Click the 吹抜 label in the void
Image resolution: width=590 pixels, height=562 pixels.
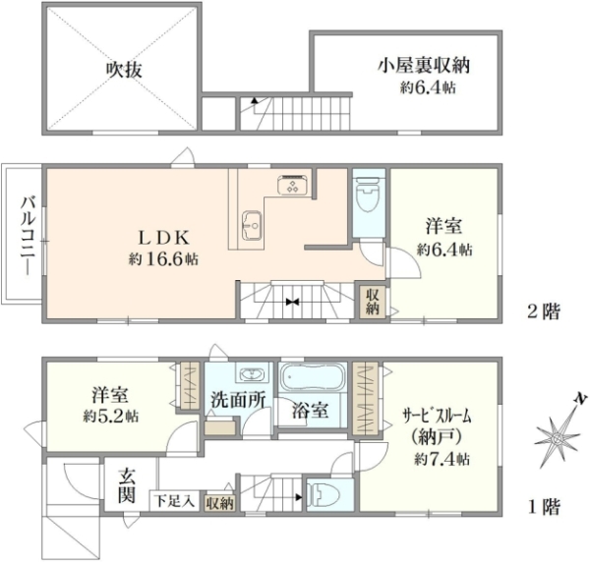(124, 70)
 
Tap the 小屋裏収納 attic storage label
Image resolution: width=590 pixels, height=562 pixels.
(424, 66)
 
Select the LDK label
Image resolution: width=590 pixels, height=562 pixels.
(163, 237)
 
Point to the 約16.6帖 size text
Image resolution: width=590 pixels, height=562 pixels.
(163, 259)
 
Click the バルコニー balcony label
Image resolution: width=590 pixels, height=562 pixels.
(29, 237)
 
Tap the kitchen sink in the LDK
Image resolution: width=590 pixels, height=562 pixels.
(252, 225)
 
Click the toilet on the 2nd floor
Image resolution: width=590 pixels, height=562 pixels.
(369, 196)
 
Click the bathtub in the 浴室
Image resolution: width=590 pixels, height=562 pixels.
(313, 376)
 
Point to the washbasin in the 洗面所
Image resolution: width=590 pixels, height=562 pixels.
(253, 374)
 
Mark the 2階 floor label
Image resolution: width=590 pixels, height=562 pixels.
(544, 311)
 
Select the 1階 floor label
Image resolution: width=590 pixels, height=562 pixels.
(544, 507)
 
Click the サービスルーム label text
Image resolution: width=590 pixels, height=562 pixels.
(437, 416)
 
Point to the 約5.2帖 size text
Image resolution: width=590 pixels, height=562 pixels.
(110, 417)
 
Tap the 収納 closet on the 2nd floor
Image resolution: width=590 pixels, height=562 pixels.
(373, 302)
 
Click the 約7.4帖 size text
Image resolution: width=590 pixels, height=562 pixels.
(442, 459)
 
